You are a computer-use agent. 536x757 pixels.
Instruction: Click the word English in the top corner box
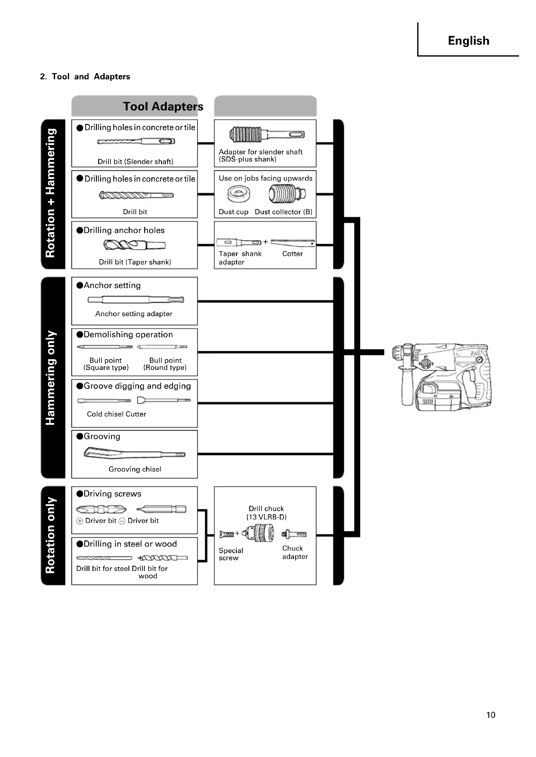click(468, 41)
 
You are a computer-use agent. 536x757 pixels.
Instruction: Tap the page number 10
click(490, 715)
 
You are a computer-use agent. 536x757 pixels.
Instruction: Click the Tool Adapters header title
click(163, 106)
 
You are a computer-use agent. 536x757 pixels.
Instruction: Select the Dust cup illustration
click(238, 194)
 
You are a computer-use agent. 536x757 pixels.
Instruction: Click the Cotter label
click(292, 253)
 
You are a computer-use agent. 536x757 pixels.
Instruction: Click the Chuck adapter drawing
click(294, 534)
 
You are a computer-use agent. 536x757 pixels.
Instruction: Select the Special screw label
click(230, 554)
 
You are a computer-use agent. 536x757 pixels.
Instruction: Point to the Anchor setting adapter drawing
click(135, 300)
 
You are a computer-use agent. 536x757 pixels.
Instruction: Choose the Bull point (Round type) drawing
click(162, 347)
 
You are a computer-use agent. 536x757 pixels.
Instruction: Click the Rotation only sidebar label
click(51, 535)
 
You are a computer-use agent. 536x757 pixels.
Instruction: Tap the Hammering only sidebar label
click(51, 377)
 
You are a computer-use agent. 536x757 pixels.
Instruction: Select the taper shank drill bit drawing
click(134, 245)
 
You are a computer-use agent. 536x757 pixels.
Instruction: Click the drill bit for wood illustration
click(162, 558)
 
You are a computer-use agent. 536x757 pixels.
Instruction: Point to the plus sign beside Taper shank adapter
click(265, 242)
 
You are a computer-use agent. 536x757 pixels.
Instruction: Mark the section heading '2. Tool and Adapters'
click(85, 76)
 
